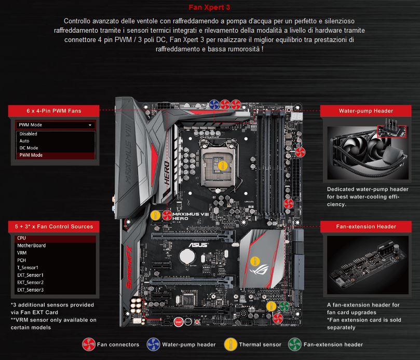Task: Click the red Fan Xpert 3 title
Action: point(209,7)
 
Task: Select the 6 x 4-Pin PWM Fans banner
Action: point(53,111)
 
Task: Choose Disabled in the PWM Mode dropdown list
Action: point(28,134)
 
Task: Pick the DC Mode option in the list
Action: point(29,148)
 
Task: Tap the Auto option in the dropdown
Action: point(24,141)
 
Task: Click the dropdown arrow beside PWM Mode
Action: point(90,125)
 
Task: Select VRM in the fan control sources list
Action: point(22,253)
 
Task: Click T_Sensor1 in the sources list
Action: point(28,268)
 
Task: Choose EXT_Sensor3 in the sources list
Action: point(30,290)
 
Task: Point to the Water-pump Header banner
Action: point(365,111)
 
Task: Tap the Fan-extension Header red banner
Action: point(365,227)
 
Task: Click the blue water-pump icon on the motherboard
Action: point(214,104)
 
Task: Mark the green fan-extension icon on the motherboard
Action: point(284,306)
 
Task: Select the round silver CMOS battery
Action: point(187,256)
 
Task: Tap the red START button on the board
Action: point(178,322)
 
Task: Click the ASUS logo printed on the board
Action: point(198,245)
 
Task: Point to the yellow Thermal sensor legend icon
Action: point(231,344)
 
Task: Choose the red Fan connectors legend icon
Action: point(89,344)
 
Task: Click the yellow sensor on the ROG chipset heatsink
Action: point(255,261)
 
